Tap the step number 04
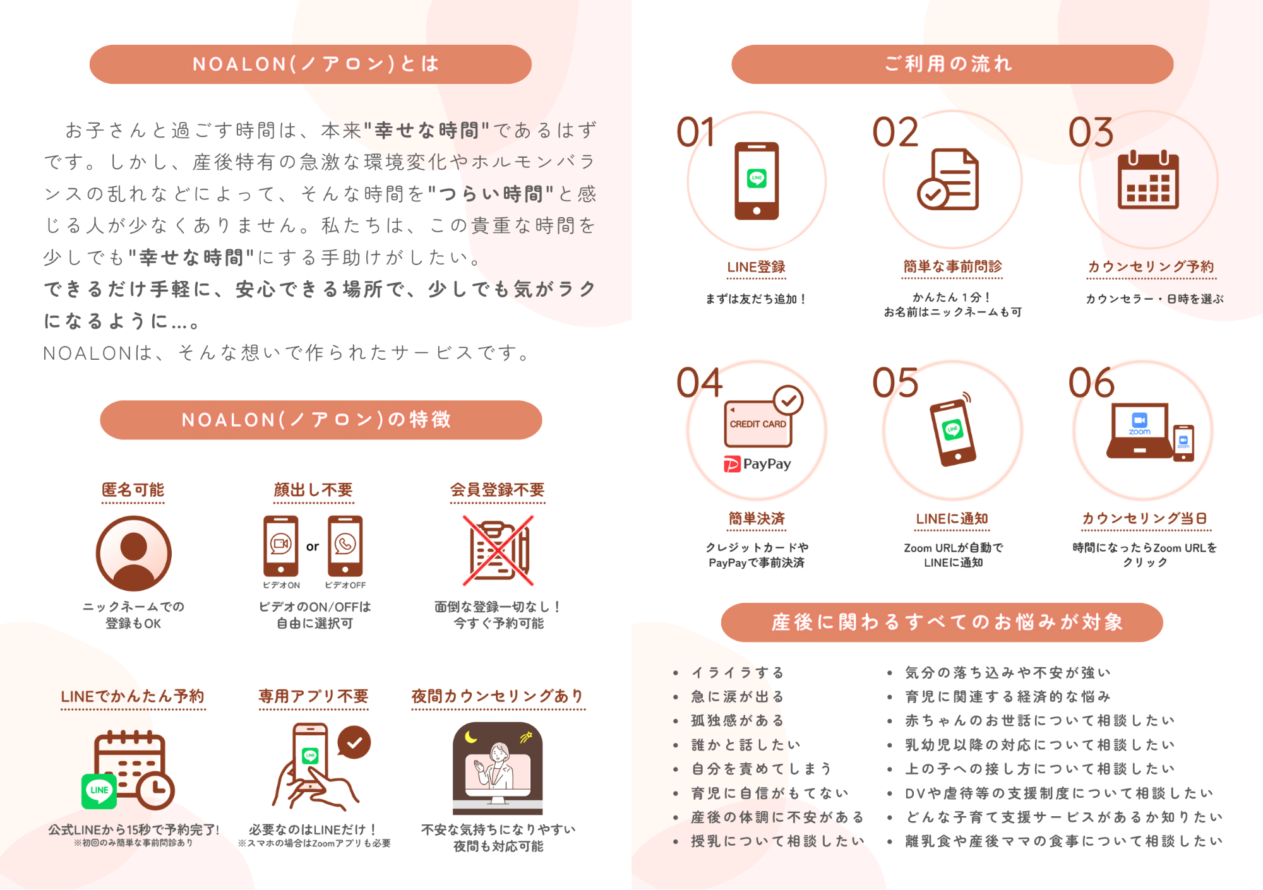[x=699, y=383]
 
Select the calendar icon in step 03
[x=1148, y=180]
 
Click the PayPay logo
[x=757, y=464]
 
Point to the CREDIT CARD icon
[x=758, y=424]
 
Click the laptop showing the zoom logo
[x=1139, y=430]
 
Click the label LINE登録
[x=756, y=267]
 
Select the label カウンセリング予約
[x=1151, y=267]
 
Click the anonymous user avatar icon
[x=133, y=554]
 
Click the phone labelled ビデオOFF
[x=345, y=547]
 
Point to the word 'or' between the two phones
[x=313, y=547]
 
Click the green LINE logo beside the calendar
[x=99, y=791]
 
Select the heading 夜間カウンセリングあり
[x=498, y=696]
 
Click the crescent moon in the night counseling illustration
[x=470, y=737]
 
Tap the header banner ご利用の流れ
[x=952, y=64]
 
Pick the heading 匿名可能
[x=133, y=490]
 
